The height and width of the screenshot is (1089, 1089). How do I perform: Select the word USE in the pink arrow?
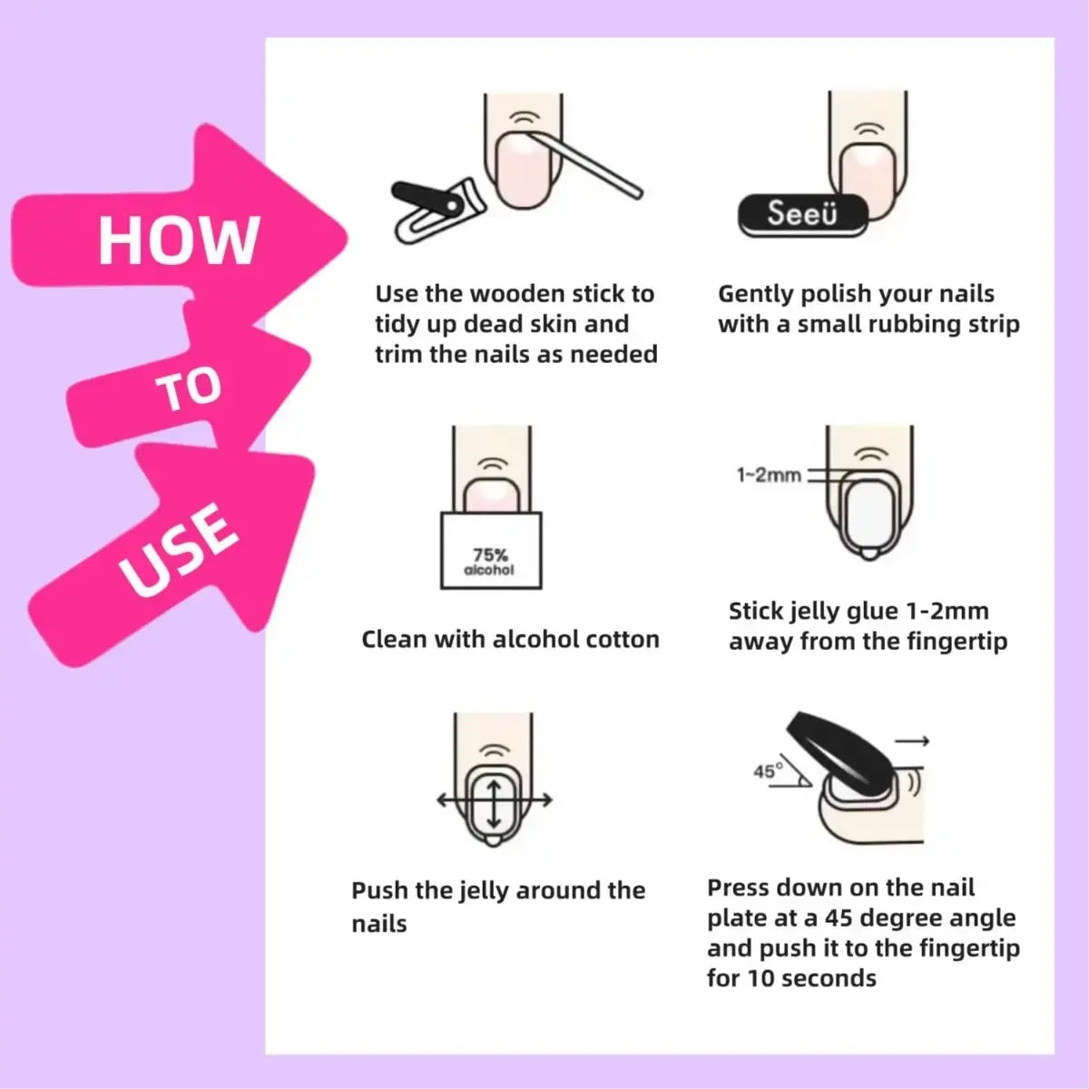pos(180,551)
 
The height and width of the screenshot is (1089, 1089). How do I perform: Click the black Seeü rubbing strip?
pos(802,215)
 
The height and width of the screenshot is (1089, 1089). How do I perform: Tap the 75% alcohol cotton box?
pos(490,551)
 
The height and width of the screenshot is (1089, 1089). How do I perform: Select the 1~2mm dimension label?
pos(768,475)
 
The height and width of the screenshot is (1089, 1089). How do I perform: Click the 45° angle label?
pos(767,771)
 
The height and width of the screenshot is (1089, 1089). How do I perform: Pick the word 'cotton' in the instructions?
pos(623,640)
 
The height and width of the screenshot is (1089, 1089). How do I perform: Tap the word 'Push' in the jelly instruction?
pos(379,890)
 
